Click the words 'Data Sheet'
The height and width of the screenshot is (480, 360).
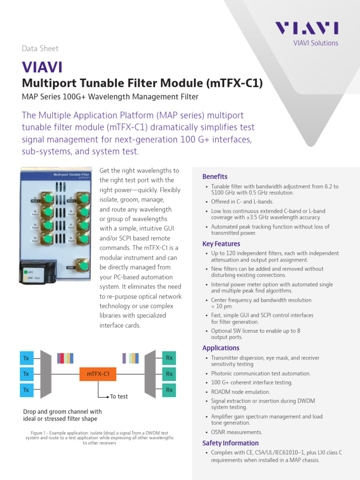tap(40, 48)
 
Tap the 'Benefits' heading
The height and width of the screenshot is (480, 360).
tap(215, 177)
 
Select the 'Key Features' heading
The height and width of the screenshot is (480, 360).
tap(221, 244)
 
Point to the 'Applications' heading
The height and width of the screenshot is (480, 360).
tap(221, 348)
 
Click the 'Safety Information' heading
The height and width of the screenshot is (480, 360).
tap(230, 443)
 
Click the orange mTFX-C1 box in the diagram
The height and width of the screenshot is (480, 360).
tap(98, 374)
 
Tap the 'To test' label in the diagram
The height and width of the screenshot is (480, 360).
tap(119, 397)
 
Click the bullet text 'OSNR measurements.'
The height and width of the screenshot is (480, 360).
tap(236, 432)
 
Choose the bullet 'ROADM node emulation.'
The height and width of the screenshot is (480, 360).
tap(240, 392)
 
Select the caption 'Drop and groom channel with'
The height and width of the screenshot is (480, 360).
tap(62, 412)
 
